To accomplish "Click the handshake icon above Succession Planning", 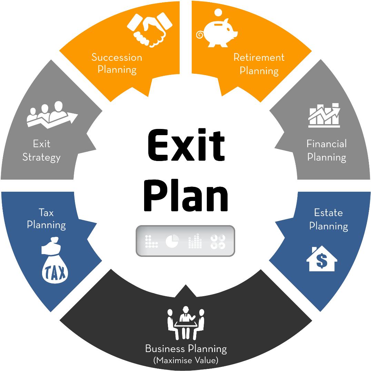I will pos(149,30).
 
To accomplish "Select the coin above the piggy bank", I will pos(219,13).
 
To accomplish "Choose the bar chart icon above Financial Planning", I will pos(324,115).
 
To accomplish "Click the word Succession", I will pos(117,57).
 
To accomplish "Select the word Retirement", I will pos(259,57).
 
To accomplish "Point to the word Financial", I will pos(327,143).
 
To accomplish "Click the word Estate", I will pos(328,212).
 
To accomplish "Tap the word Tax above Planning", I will pos(46,212).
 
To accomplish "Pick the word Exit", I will pos(42,143).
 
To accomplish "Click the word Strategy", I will pos(41,158).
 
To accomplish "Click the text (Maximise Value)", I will pos(186,361).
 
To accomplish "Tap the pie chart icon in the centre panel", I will pos(172,241).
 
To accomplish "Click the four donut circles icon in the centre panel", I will pos(218,241).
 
